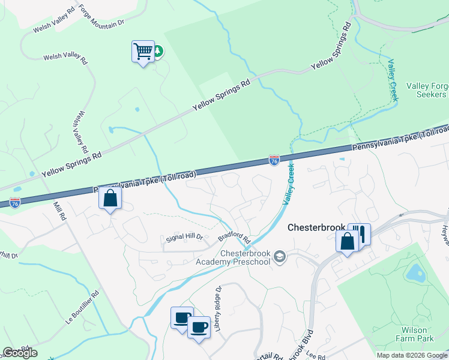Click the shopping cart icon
click(x=143, y=52)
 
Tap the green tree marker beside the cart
click(x=158, y=52)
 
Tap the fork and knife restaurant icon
click(x=361, y=233)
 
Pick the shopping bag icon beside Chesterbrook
click(x=348, y=241)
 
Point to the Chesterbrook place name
click(x=316, y=228)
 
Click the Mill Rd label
click(x=59, y=211)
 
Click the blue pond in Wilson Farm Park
click(x=414, y=273)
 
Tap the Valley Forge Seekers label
click(x=427, y=90)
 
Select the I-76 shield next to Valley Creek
click(x=274, y=161)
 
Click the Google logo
click(x=20, y=353)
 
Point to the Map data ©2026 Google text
click(x=411, y=355)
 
